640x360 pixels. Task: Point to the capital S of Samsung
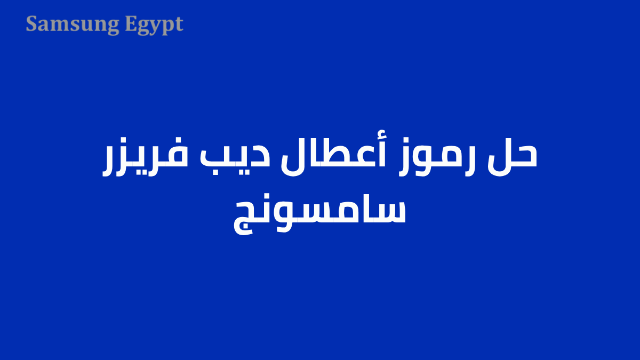(31, 24)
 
